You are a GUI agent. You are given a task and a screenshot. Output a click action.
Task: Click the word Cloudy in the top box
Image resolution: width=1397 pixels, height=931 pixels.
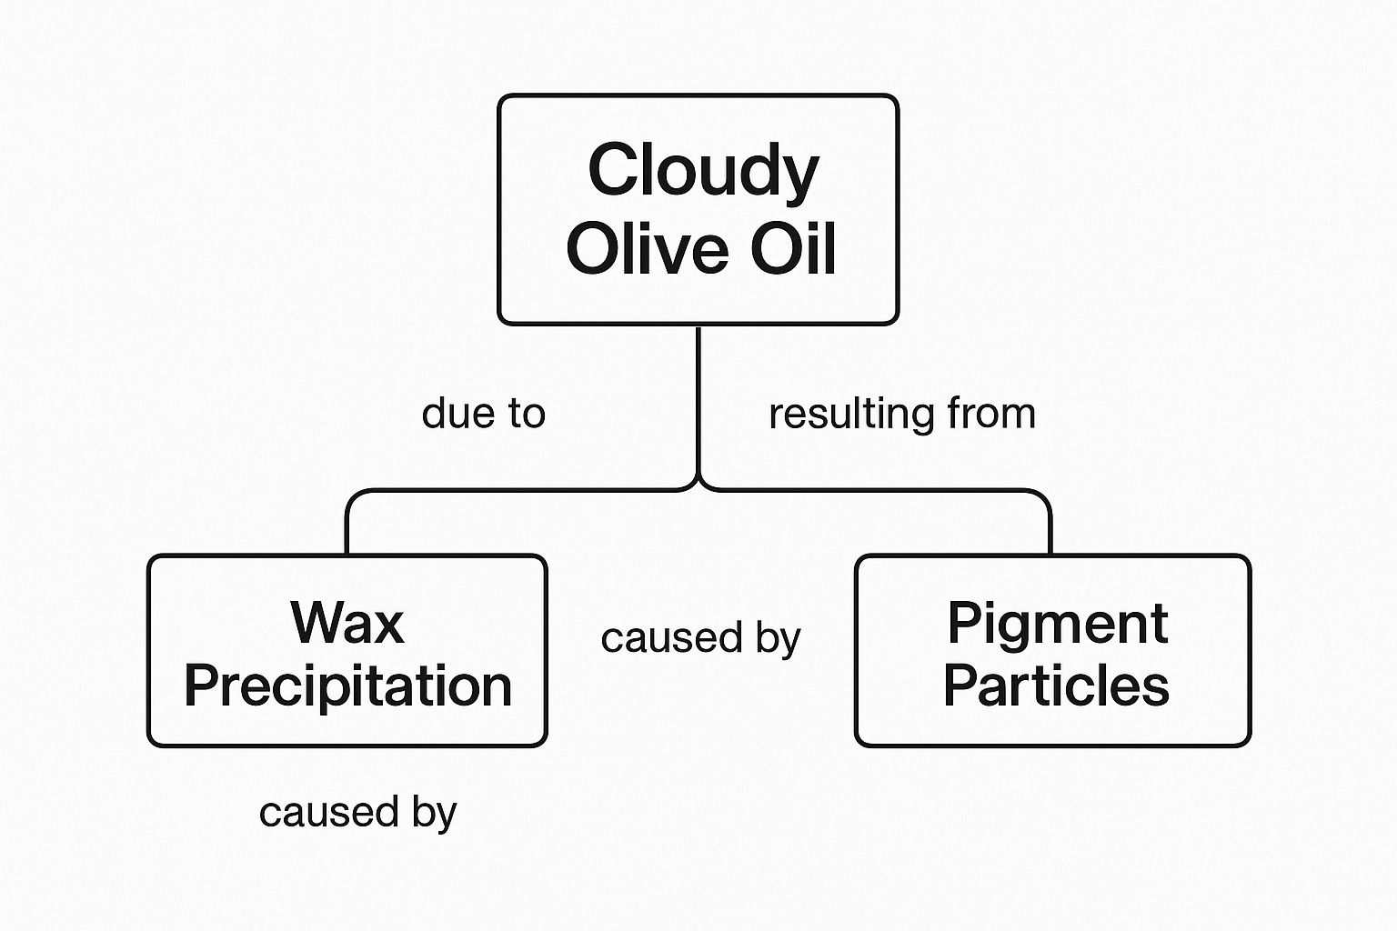[x=703, y=171]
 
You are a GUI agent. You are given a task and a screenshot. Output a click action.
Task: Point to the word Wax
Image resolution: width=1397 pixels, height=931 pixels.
[x=347, y=624]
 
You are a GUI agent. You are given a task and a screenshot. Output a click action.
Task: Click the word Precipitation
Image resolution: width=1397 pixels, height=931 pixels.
[x=347, y=686]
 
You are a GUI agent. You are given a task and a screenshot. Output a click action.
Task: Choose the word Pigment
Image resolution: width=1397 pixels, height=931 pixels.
[x=1057, y=625]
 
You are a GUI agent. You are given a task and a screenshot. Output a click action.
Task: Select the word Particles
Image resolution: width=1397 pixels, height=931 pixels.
[x=1056, y=686]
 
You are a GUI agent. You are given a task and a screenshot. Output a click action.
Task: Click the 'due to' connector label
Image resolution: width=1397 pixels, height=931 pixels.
[x=483, y=414]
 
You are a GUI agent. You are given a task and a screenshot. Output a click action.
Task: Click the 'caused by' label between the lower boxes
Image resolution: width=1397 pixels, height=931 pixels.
[x=700, y=639]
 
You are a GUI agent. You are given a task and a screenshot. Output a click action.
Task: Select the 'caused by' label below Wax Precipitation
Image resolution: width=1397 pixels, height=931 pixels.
[x=357, y=813]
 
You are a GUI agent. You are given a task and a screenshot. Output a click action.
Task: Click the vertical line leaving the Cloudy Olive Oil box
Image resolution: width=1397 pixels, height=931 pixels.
[x=698, y=400]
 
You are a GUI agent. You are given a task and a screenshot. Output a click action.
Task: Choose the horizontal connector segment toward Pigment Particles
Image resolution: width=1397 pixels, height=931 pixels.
[x=873, y=491]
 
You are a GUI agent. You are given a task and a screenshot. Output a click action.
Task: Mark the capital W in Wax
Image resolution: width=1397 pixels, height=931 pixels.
[x=315, y=624]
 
